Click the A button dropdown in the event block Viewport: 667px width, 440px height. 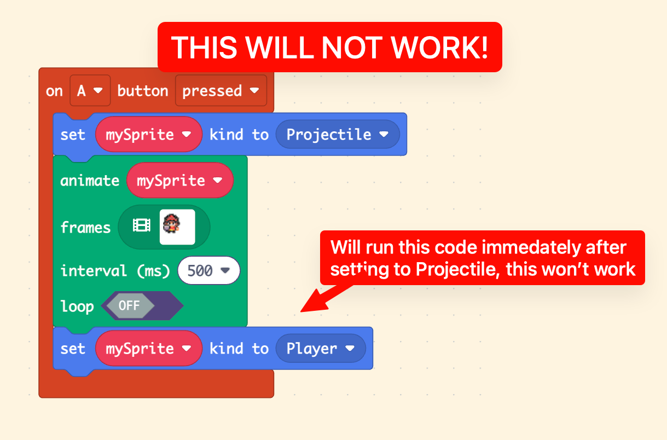point(90,90)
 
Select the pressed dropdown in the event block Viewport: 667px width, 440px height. point(221,90)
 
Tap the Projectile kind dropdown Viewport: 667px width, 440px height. point(338,135)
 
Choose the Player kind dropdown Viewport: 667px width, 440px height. point(321,348)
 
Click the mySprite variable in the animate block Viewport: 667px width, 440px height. point(180,180)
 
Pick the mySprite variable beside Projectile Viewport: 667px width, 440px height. point(149,135)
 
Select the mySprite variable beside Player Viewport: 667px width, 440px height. point(149,348)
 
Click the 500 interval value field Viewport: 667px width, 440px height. point(208,270)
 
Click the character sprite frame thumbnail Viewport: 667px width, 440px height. point(177,227)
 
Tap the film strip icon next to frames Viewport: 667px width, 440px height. point(141,225)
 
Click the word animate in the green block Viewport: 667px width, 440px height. point(90,181)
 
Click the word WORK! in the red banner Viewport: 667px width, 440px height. point(439,48)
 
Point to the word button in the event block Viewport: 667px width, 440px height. point(143,90)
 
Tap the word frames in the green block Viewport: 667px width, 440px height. point(85,227)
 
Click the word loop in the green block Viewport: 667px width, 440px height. point(77,306)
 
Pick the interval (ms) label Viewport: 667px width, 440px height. point(115,271)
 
